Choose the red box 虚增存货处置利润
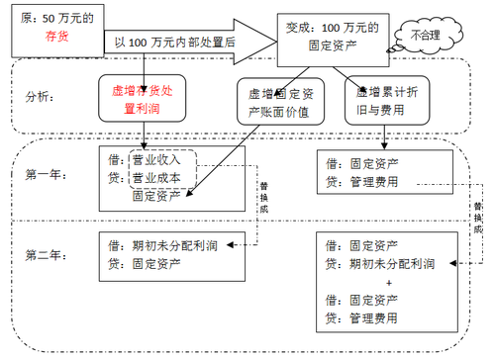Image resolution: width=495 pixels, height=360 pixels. coord(146,97)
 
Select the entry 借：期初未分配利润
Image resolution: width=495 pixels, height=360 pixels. coord(165,246)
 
